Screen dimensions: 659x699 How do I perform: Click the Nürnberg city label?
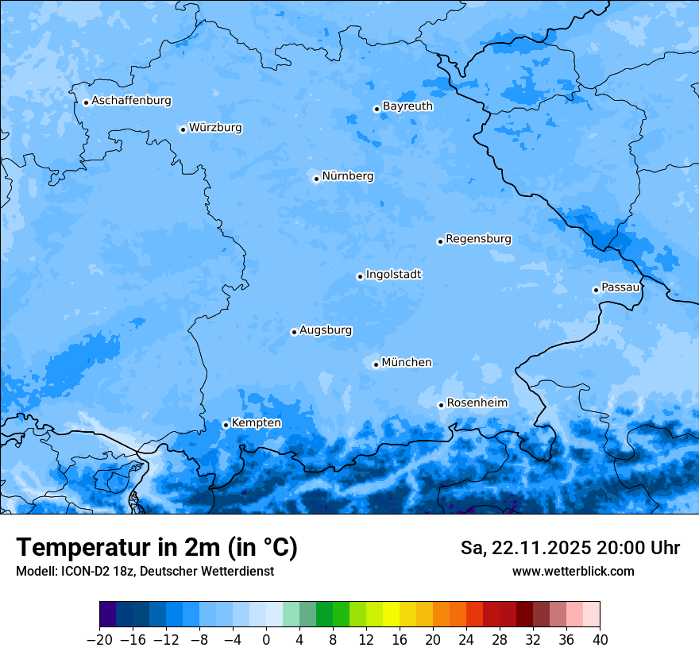pos(347,176)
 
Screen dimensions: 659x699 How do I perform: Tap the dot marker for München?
pos(376,364)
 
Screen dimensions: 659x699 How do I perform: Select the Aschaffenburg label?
pos(131,101)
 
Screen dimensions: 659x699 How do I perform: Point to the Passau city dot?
pos(596,290)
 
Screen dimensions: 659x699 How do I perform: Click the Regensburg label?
pos(478,239)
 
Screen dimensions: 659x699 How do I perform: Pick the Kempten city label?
pos(256,423)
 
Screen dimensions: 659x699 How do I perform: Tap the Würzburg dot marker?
pos(183,129)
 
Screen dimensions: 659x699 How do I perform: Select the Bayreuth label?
pos(407,106)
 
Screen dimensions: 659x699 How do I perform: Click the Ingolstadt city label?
pos(393,275)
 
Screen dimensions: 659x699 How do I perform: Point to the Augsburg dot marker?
pos(294,332)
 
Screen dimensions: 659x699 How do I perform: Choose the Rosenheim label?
pos(477,403)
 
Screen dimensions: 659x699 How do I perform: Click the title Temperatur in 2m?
pos(156,548)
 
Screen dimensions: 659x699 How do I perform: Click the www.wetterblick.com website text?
pos(573,571)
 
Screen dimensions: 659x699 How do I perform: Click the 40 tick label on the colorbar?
pos(600,640)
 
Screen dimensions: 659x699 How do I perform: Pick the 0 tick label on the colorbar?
pos(266,640)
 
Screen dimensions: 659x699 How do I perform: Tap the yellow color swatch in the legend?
pos(391,615)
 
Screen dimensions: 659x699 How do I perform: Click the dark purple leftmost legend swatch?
pos(108,615)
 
